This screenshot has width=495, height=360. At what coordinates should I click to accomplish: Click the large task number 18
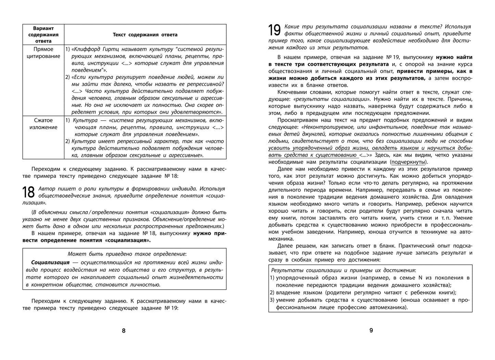[x=29, y=193]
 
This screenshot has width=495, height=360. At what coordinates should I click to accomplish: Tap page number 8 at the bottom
[x=124, y=331]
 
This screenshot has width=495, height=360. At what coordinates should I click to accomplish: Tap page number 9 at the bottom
[x=371, y=331]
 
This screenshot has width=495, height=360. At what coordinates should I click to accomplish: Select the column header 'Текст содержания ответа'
[x=145, y=35]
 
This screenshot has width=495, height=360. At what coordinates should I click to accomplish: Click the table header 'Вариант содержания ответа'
[x=44, y=35]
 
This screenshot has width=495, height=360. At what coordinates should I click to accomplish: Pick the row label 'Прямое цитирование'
[x=44, y=53]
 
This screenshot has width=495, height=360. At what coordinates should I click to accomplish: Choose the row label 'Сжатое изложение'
[x=44, y=124]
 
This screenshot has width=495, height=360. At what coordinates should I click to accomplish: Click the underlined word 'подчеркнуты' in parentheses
[x=408, y=162]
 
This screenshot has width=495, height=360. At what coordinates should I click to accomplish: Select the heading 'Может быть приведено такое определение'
[x=127, y=254]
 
